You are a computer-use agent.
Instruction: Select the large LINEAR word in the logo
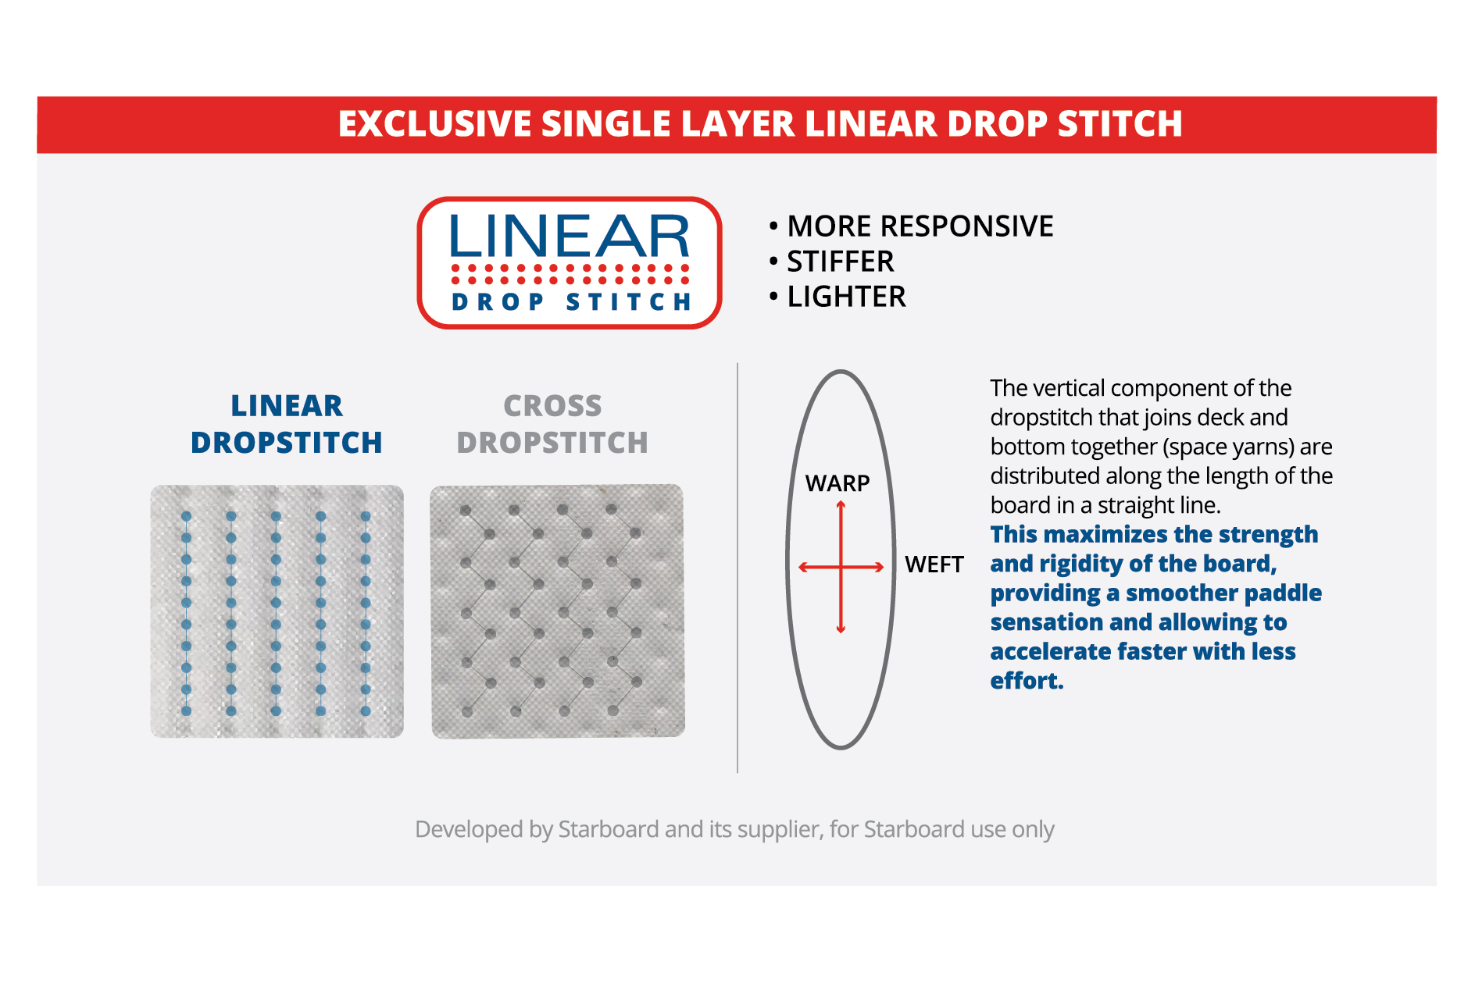click(x=570, y=236)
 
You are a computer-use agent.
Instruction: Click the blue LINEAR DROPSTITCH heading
click(x=287, y=424)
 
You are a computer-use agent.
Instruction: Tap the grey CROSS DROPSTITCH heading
click(x=552, y=424)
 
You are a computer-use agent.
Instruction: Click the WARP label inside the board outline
click(x=837, y=483)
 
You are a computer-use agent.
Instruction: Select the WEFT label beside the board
click(x=934, y=565)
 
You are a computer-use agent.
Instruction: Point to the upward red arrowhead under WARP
click(x=841, y=506)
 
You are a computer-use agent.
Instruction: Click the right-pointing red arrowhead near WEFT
click(x=879, y=568)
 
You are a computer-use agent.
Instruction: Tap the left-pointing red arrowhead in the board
click(x=804, y=568)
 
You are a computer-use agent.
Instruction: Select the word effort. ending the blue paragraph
click(x=1027, y=681)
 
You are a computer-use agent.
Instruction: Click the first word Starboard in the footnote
click(x=609, y=829)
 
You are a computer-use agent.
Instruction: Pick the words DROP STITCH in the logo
click(x=571, y=302)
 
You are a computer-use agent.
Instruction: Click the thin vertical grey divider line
click(x=737, y=568)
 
